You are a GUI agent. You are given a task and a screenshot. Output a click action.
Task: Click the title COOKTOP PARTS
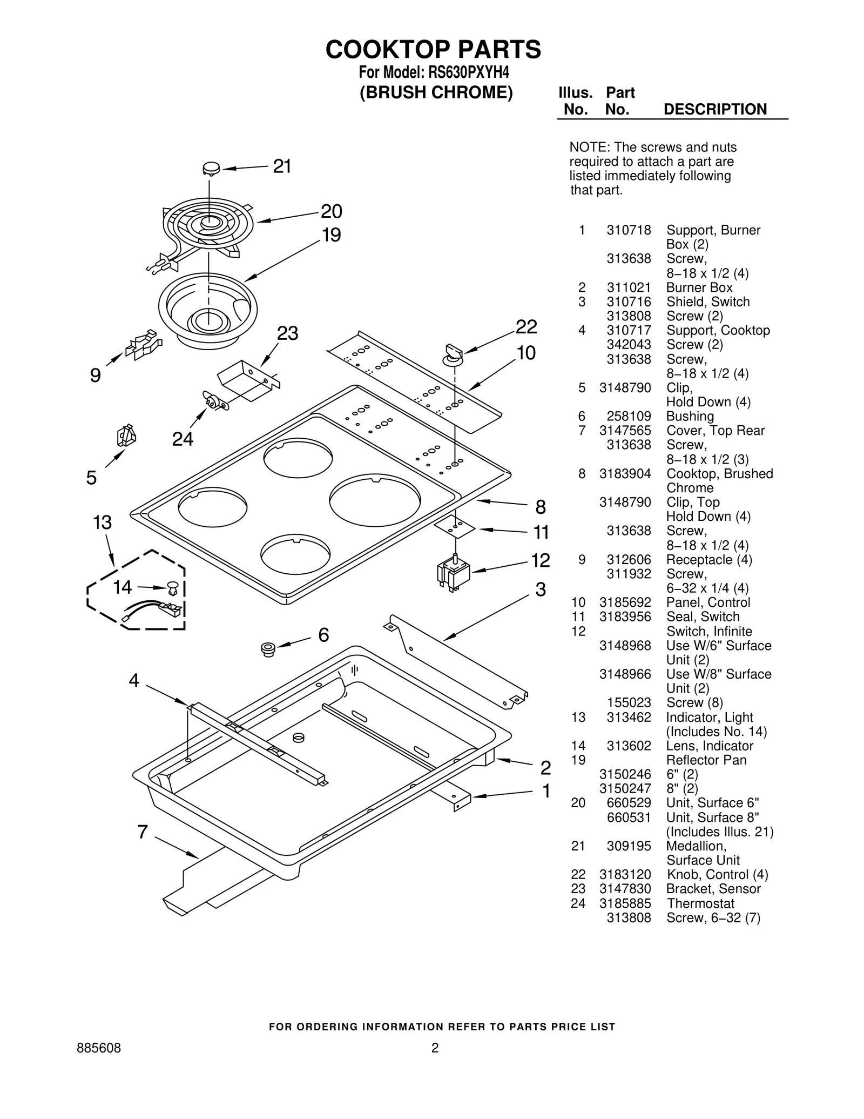(433, 50)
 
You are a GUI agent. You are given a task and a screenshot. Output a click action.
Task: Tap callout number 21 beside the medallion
(282, 166)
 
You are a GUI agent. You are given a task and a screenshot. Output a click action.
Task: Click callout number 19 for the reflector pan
(331, 235)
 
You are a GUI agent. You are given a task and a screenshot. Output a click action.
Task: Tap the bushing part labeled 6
(267, 648)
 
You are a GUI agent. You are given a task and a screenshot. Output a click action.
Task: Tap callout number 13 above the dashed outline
(102, 522)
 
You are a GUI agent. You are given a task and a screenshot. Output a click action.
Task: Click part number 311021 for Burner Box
(629, 287)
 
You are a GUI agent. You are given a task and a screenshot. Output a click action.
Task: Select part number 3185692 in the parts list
(625, 602)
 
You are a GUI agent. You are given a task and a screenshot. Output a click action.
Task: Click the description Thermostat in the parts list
(700, 903)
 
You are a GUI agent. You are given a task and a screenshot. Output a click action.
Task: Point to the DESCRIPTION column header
(714, 109)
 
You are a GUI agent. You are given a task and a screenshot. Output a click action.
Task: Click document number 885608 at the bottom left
(99, 1048)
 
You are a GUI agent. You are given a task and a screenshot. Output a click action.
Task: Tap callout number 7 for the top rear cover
(143, 832)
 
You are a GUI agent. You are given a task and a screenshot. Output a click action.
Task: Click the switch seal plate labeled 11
(455, 526)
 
